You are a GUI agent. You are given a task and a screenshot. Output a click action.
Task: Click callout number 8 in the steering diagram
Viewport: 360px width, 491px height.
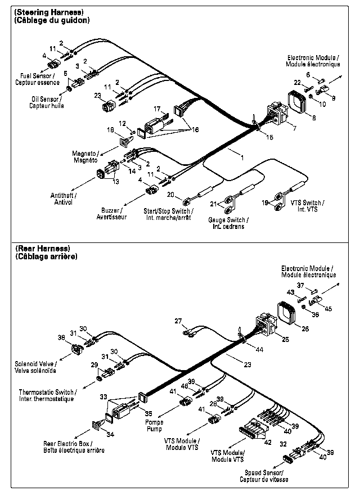[x=314, y=118]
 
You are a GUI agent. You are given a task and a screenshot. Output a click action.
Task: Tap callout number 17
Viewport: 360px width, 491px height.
[x=157, y=109]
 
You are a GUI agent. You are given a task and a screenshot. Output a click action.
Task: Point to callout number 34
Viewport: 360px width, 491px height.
[x=110, y=434]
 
